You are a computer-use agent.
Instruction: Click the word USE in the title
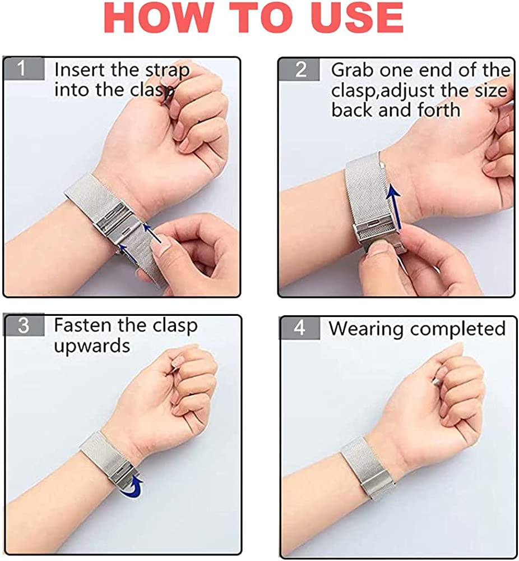coord(356,17)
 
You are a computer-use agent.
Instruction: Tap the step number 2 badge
coord(299,69)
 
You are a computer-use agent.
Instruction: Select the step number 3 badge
coord(24,325)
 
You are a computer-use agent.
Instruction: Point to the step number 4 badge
coord(299,328)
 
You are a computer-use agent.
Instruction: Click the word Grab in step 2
coord(353,70)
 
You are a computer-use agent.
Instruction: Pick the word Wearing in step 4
coord(366,329)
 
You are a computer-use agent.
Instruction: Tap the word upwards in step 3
coord(92,346)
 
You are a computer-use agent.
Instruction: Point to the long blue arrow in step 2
coord(395,206)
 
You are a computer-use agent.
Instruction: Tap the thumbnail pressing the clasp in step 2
coord(379,246)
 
